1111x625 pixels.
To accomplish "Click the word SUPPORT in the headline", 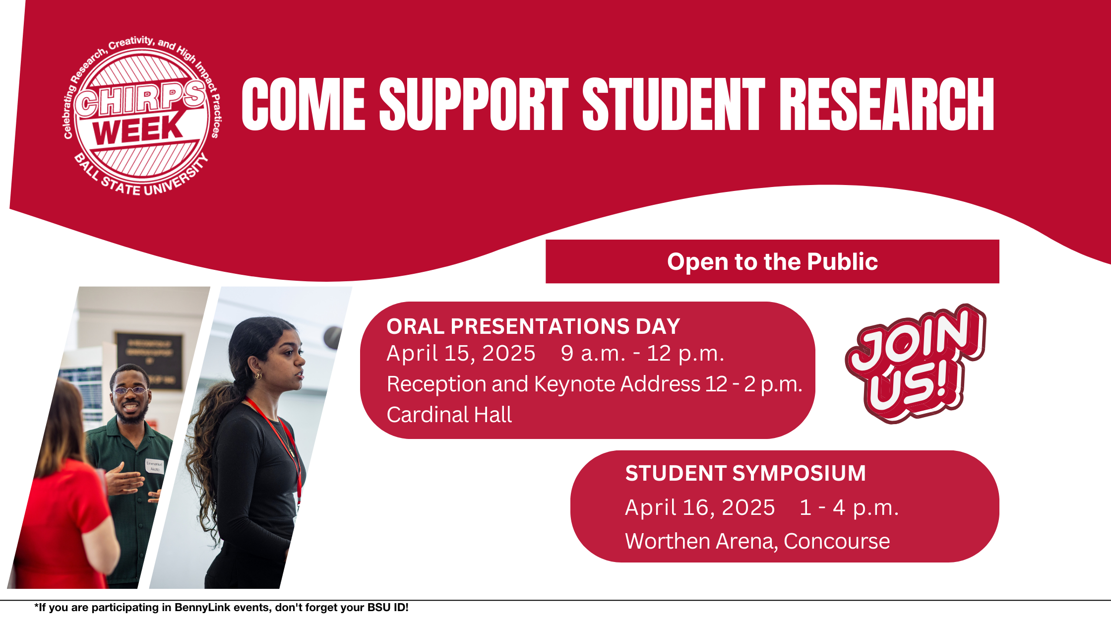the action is (x=474, y=104).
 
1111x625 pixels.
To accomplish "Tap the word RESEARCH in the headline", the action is (x=887, y=104).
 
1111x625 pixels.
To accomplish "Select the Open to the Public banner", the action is (x=772, y=261).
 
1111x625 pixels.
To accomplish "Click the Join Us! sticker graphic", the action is (x=916, y=363).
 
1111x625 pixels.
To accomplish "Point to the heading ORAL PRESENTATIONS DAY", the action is (x=533, y=326).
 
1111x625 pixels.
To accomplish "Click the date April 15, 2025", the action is (x=461, y=354).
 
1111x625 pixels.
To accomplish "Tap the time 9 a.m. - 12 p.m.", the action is (x=642, y=354).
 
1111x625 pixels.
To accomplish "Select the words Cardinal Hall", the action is (x=449, y=415).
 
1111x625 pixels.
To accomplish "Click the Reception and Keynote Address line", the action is (x=594, y=384).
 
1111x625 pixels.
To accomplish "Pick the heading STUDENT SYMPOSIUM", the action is (x=745, y=473).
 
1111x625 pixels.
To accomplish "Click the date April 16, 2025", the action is (x=700, y=507).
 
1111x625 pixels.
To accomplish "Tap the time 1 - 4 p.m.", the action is (x=849, y=507).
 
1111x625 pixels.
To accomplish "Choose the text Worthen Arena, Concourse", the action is (x=757, y=541).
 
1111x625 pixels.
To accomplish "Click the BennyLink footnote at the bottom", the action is (x=221, y=608).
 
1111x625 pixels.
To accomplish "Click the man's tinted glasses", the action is (x=130, y=390).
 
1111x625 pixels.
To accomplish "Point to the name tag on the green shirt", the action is (x=155, y=466).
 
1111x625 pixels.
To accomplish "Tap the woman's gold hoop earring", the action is (x=258, y=376).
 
